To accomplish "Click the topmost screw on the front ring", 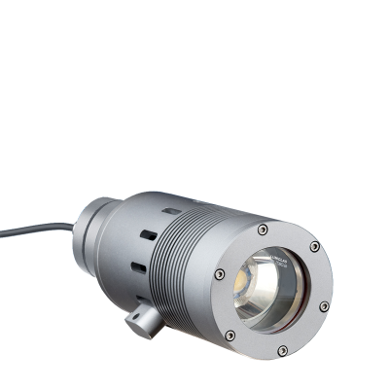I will (264, 230).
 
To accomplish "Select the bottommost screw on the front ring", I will (284, 351).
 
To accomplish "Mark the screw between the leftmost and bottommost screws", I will (230, 333).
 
